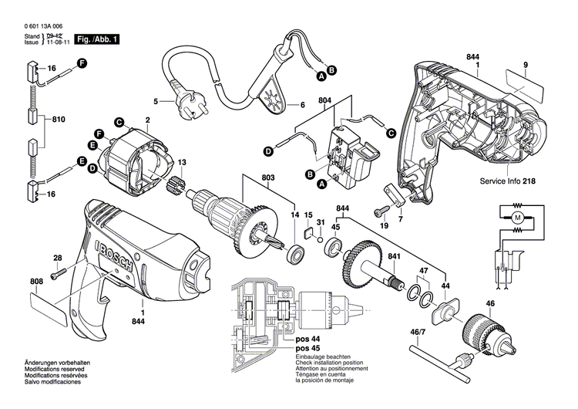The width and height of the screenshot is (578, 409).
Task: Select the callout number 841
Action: pos(394,257)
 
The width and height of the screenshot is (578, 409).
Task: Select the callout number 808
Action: pos(36,281)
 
